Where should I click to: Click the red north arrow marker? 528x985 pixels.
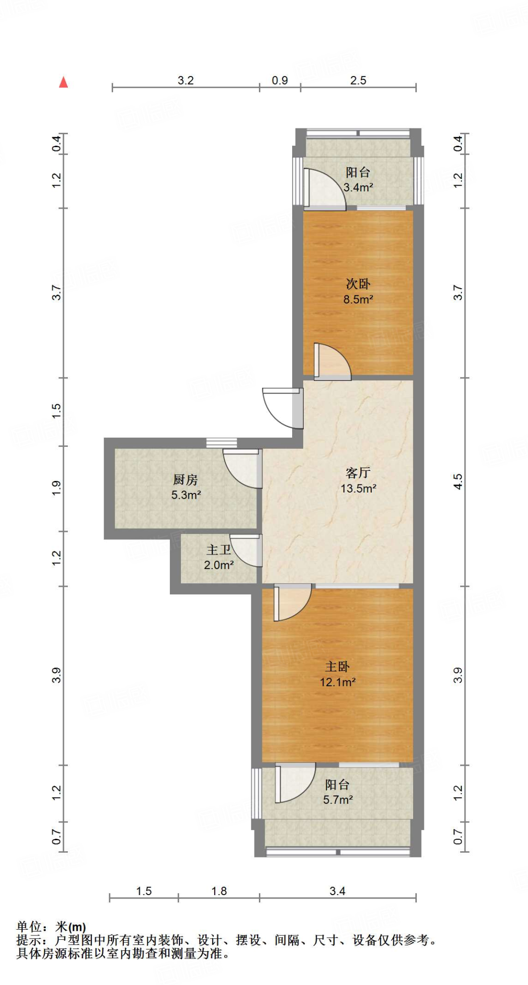tap(63, 82)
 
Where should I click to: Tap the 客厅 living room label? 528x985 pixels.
tap(358, 473)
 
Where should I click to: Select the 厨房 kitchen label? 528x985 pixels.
tap(185, 480)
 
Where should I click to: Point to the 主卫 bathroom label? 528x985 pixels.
tap(219, 550)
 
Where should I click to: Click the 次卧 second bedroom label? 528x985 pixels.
tap(358, 284)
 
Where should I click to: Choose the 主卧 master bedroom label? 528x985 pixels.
tap(337, 667)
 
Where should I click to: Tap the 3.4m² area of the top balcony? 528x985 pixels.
tap(358, 188)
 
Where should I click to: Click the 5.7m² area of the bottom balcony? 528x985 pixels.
tap(338, 800)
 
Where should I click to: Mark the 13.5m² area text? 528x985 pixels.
tap(359, 489)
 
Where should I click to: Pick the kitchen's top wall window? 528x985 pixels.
tap(221, 442)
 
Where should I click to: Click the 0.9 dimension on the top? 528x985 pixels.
tap(280, 80)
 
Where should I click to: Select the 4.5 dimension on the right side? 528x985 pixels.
tap(458, 481)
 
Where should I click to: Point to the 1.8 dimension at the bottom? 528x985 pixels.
tap(219, 891)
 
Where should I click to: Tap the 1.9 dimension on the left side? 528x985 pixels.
tap(57, 488)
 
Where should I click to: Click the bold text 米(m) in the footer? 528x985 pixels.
tap(70, 927)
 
